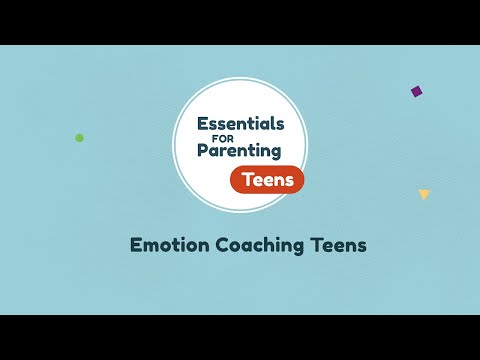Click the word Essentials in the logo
(x=241, y=125)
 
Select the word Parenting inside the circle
(x=240, y=152)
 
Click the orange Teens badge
(x=267, y=179)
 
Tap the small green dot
(x=80, y=138)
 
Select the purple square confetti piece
(x=416, y=91)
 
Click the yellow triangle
(x=424, y=194)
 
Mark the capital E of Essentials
(x=203, y=125)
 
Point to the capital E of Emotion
(x=137, y=243)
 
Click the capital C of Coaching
(x=222, y=243)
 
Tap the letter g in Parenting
(x=276, y=155)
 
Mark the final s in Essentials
(x=280, y=126)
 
